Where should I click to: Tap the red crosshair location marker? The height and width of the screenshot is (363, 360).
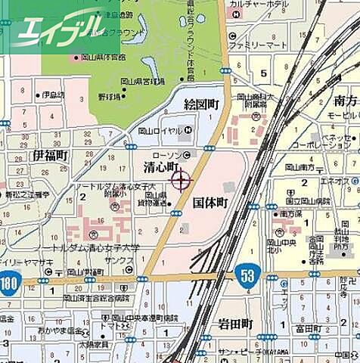coord(182,180)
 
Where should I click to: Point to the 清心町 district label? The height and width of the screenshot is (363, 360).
coord(160,166)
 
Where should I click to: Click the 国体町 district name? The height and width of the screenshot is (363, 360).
coord(209,203)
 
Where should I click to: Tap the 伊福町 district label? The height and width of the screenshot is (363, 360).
coord(50,154)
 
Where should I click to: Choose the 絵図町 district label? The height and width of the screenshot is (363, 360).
coord(201,104)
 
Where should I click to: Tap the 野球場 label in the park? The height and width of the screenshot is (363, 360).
coord(110,97)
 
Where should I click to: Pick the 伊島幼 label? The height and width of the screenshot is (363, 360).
coord(51,95)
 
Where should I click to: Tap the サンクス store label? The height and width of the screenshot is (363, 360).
coord(119,259)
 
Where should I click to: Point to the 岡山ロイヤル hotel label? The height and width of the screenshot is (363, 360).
coord(160,130)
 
